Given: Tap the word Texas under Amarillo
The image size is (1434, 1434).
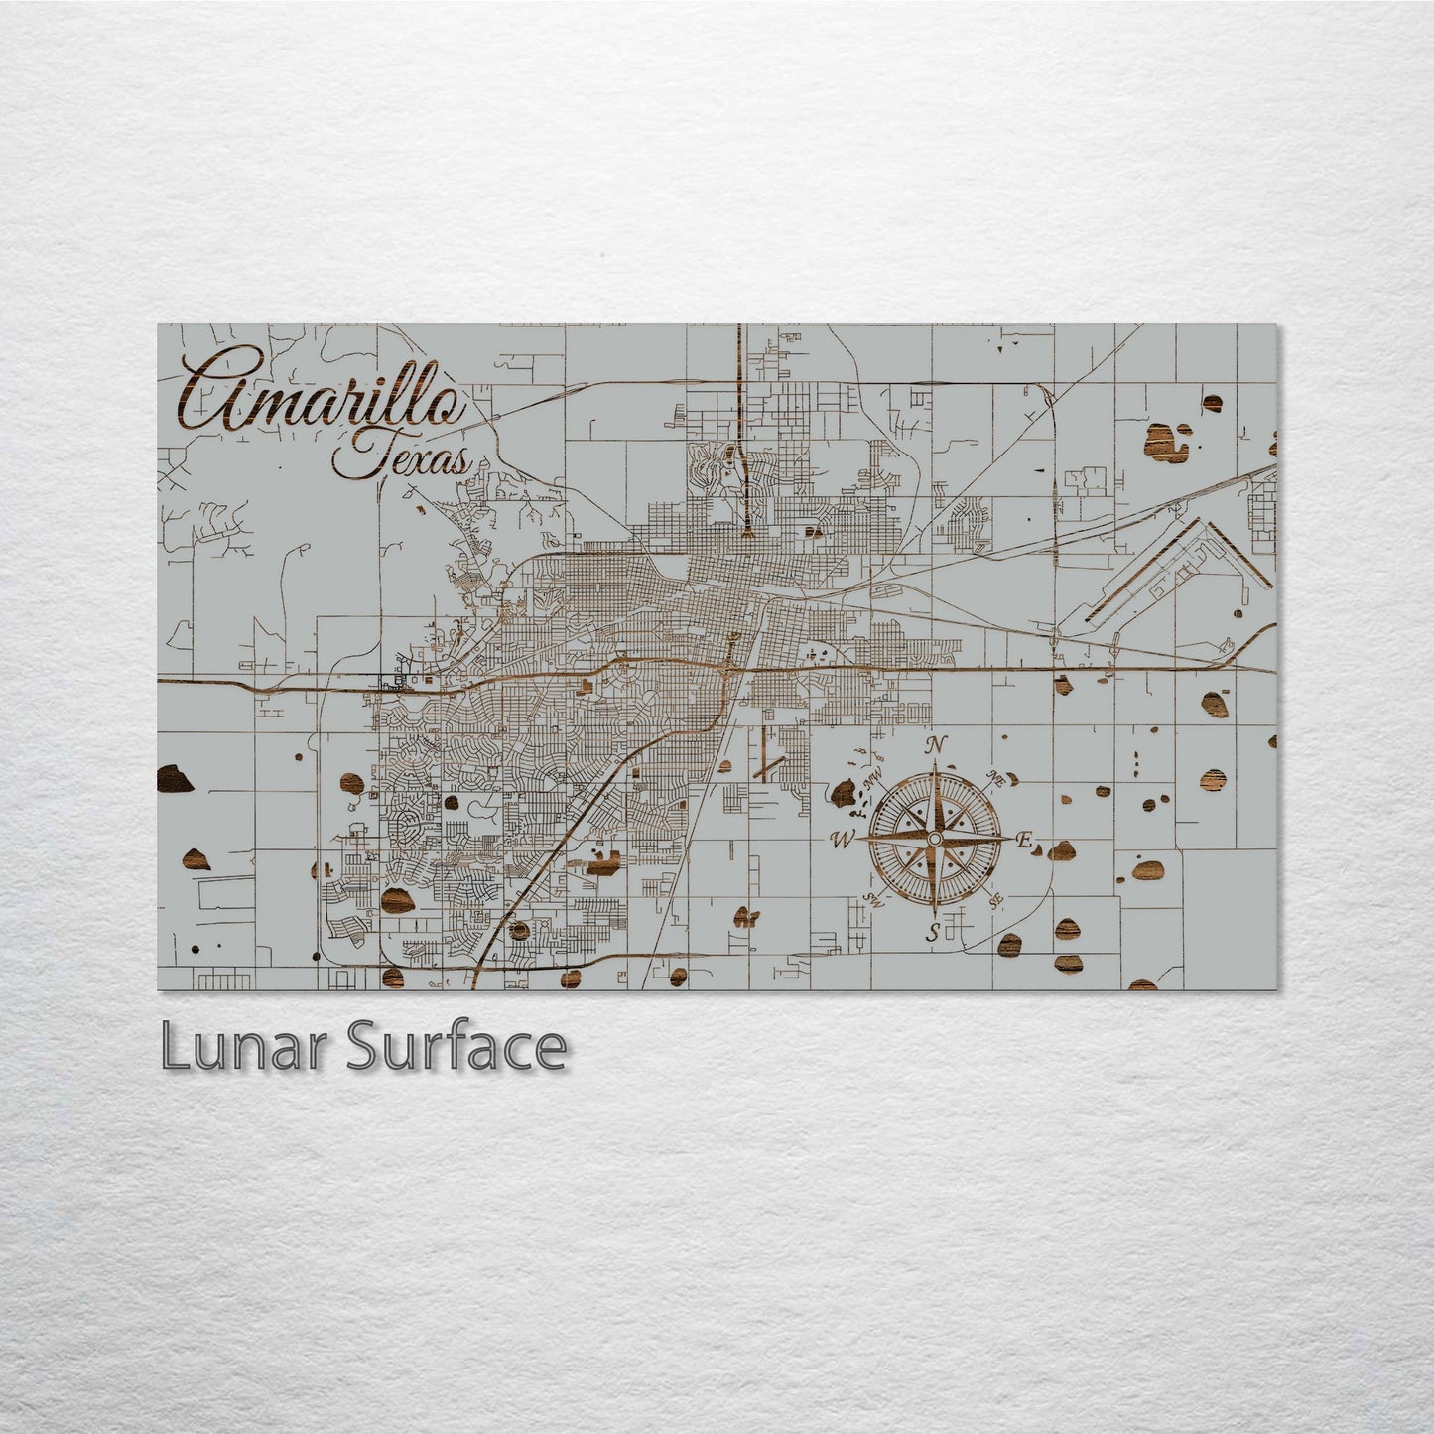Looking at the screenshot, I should (402, 459).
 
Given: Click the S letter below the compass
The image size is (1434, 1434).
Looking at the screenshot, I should (932, 933).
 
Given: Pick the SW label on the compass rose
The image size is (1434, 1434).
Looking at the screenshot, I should (873, 900).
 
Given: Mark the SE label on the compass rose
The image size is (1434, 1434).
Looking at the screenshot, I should (997, 900).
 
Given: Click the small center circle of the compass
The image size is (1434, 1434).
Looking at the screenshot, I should (933, 840).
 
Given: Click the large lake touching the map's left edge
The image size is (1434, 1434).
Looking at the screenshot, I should (175, 779).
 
